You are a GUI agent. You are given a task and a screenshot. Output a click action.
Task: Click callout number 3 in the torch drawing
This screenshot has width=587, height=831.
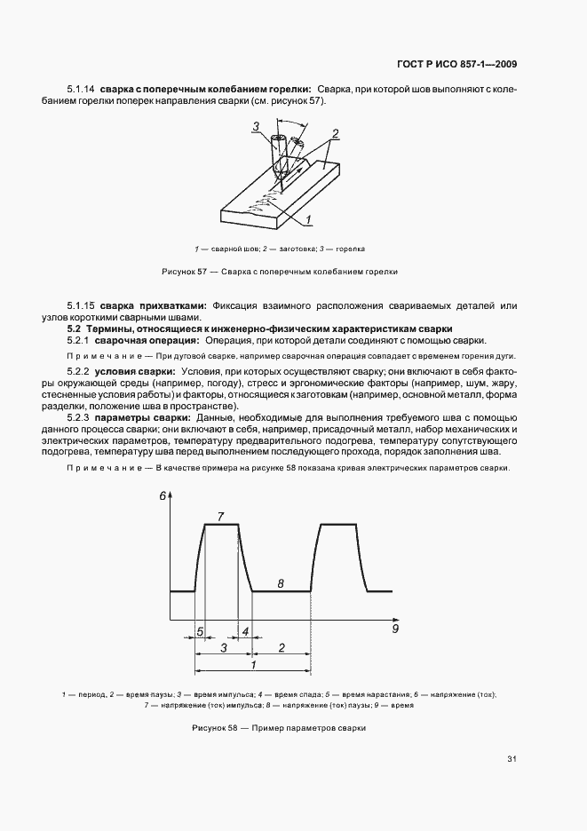pyautogui.click(x=255, y=127)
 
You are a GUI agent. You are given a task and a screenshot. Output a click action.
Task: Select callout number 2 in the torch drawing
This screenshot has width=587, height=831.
pyautogui.click(x=335, y=133)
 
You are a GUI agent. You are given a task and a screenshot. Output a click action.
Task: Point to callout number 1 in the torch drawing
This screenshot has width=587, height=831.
pyautogui.click(x=306, y=218)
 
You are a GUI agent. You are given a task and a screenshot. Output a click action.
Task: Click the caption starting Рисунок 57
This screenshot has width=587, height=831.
pyautogui.click(x=280, y=272)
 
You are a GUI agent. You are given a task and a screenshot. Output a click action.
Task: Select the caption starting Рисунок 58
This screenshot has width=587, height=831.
pyautogui.click(x=279, y=728)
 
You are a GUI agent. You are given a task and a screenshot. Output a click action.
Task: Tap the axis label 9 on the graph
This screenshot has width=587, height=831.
pyautogui.click(x=396, y=629)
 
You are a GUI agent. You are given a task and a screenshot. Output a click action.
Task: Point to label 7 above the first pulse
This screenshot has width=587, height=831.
pyautogui.click(x=220, y=516)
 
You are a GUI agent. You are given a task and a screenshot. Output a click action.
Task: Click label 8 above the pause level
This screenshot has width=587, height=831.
pyautogui.click(x=281, y=583)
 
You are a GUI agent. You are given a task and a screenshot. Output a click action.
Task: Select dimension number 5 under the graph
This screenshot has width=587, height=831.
pyautogui.click(x=201, y=632)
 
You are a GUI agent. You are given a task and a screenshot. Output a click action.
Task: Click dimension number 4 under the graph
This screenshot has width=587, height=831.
pyautogui.click(x=245, y=632)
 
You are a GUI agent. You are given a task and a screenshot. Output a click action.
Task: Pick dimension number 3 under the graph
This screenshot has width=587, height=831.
pyautogui.click(x=224, y=649)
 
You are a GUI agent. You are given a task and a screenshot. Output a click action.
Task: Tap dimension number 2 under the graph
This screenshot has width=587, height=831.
pyautogui.click(x=282, y=649)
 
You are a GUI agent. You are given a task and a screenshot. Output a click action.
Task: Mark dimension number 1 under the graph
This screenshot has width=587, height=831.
pyautogui.click(x=254, y=665)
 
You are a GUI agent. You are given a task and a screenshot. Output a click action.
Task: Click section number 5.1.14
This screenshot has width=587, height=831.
pyautogui.click(x=81, y=90)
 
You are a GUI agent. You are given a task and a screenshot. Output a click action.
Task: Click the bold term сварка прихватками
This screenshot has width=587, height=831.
pyautogui.click(x=153, y=306)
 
